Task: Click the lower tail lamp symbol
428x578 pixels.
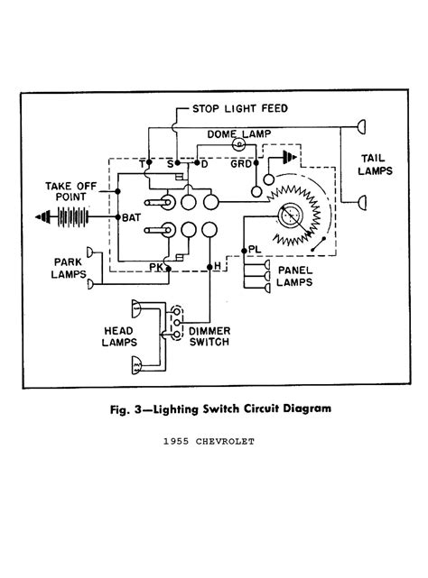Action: (363, 200)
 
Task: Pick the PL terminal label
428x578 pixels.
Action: (256, 247)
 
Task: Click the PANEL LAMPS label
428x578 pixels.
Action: (295, 275)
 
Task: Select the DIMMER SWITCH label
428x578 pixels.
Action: (209, 336)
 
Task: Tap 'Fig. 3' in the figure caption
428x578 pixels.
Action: (116, 408)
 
